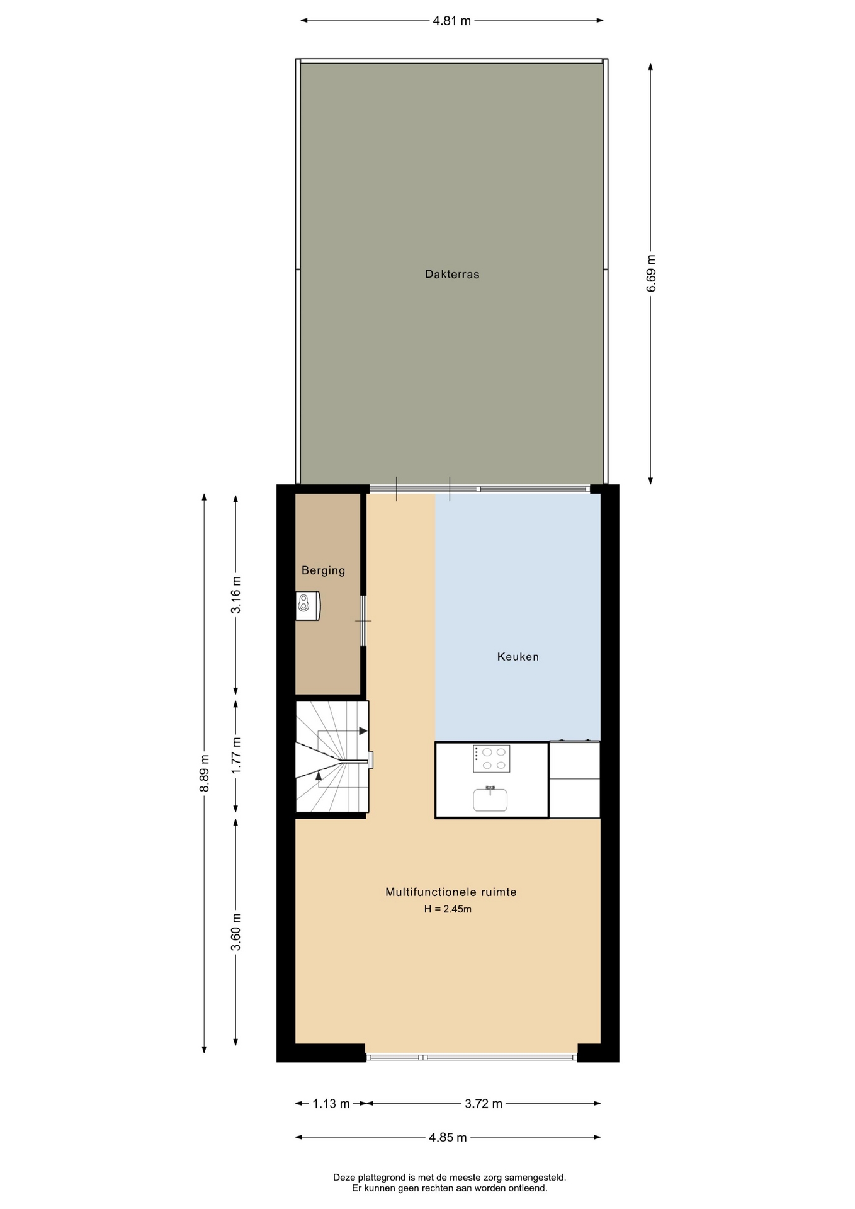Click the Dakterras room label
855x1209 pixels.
452,274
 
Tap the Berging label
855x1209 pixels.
323,570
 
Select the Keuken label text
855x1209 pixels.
518,657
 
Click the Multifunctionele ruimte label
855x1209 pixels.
451,892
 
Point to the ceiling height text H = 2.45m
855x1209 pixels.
448,909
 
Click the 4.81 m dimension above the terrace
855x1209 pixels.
451,20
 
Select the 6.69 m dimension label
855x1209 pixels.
651,273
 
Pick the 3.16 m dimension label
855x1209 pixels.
235,595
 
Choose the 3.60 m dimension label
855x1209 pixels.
235,933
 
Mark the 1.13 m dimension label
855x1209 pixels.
331,1103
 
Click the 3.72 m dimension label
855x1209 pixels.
484,1103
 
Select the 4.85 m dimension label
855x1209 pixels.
448,1137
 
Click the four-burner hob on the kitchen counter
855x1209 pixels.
492,759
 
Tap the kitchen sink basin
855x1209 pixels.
490,800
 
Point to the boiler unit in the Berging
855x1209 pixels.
308,606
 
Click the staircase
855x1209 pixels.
332,757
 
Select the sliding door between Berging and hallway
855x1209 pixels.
363,621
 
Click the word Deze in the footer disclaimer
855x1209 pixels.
344,1177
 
